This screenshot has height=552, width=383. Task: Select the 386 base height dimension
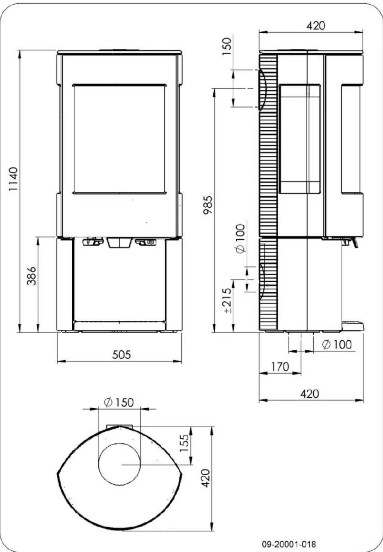coord(31,276)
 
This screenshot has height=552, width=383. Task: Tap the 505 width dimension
coord(121,354)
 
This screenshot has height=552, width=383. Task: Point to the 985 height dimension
coord(207,205)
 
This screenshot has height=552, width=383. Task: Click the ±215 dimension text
coord(227,300)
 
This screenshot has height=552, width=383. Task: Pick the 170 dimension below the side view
coord(280,367)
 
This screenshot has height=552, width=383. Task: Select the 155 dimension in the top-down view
coord(184,443)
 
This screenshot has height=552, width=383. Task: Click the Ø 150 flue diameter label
coord(119,402)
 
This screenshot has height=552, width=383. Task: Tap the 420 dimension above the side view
coord(316,26)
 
